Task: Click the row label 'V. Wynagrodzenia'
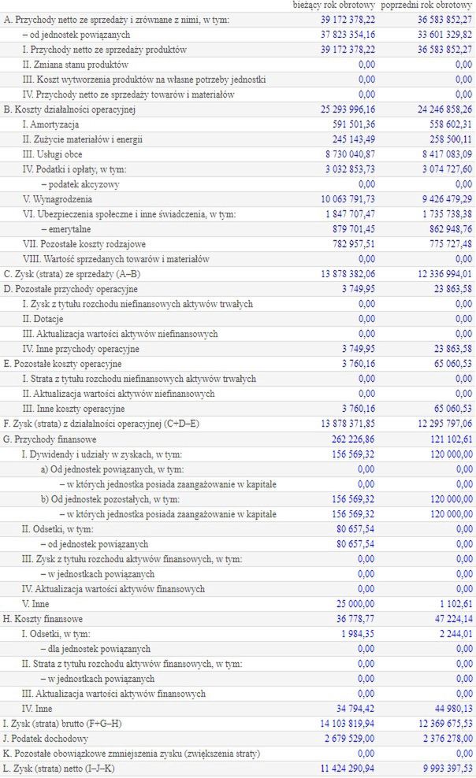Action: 56,199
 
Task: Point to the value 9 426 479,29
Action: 439,199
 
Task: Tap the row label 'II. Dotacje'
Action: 43,319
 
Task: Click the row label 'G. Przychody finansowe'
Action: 49,439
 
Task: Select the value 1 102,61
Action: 453,603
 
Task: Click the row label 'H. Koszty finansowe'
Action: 43,618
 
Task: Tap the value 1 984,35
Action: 359,633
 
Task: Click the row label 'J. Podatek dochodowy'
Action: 46,738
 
